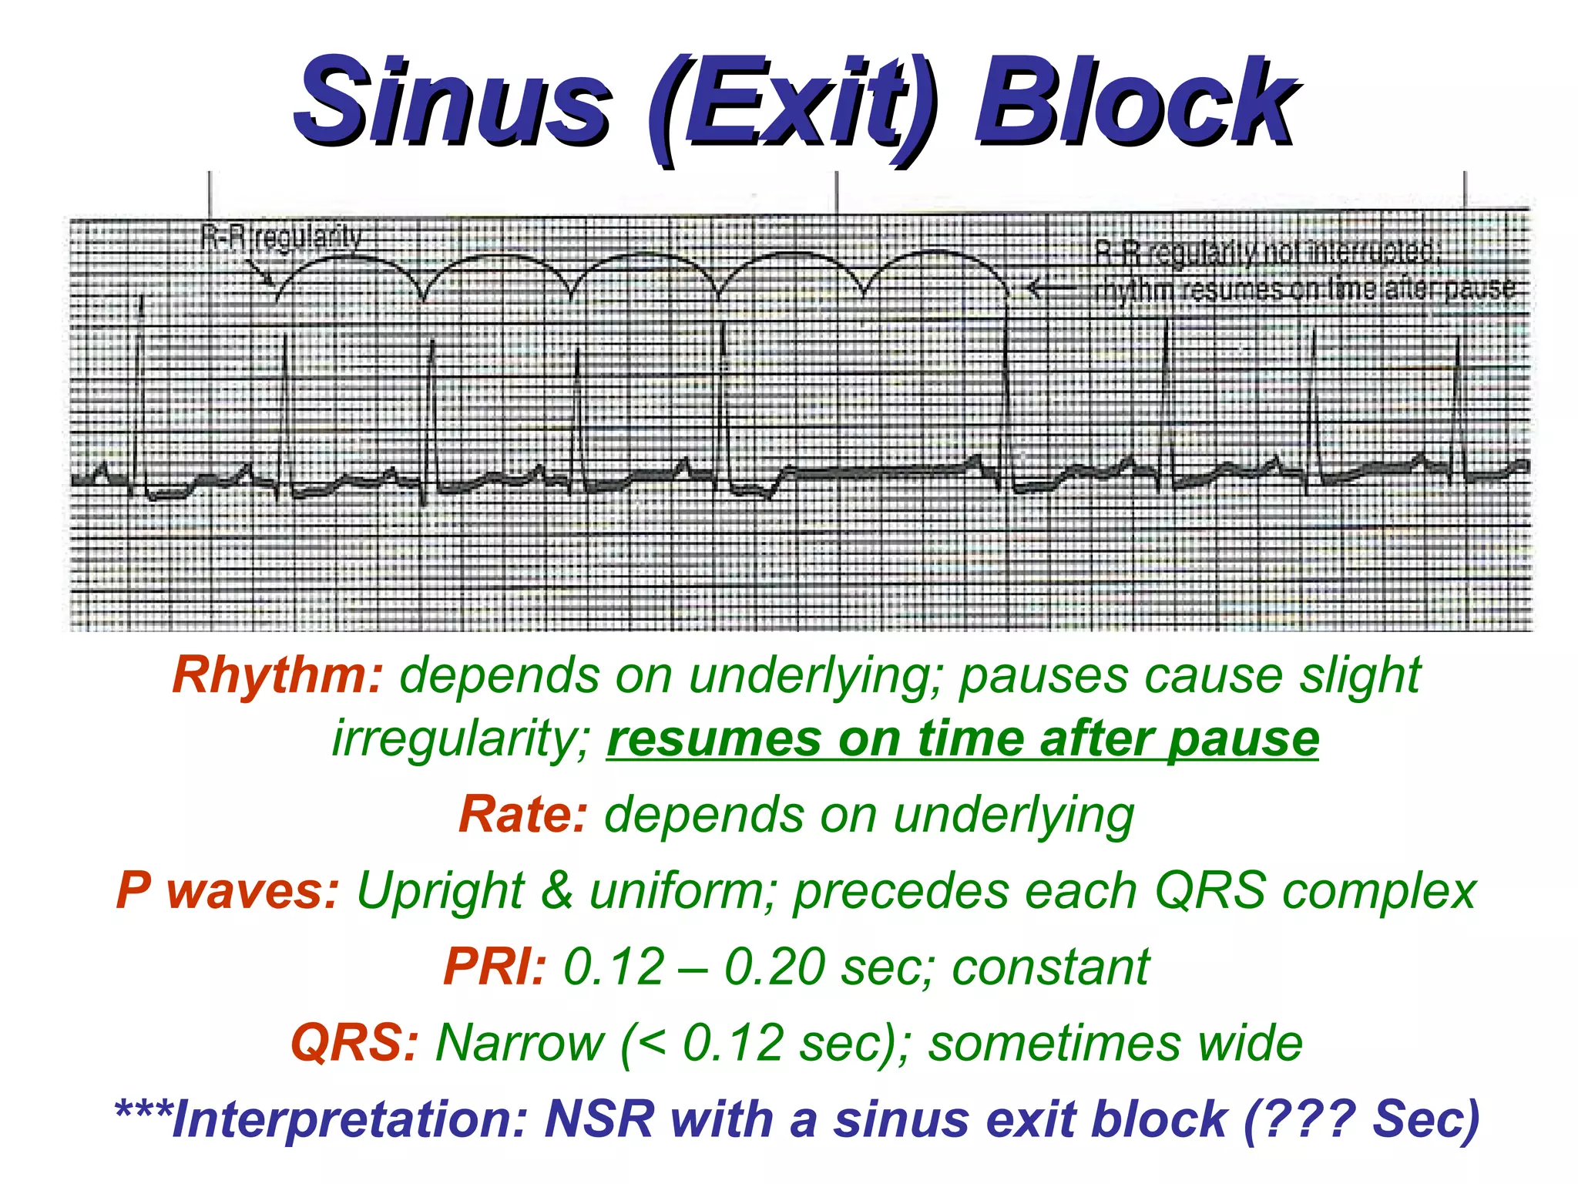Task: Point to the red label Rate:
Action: (523, 815)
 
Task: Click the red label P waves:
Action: (227, 891)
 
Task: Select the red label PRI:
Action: (495, 967)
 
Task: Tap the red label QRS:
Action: (354, 1043)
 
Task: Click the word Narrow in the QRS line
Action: (521, 1043)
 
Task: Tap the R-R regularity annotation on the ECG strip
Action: (281, 237)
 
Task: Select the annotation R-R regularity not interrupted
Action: (1267, 251)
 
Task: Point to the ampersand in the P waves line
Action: (556, 891)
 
